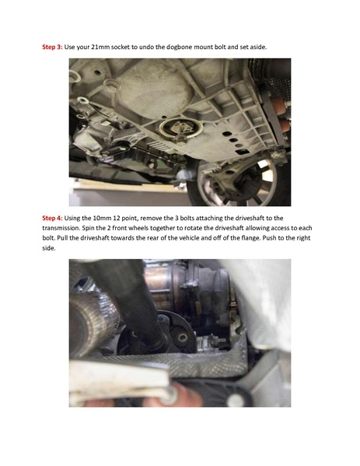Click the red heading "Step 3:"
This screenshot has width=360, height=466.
pos(52,47)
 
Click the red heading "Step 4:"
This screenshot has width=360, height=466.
pos(52,219)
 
